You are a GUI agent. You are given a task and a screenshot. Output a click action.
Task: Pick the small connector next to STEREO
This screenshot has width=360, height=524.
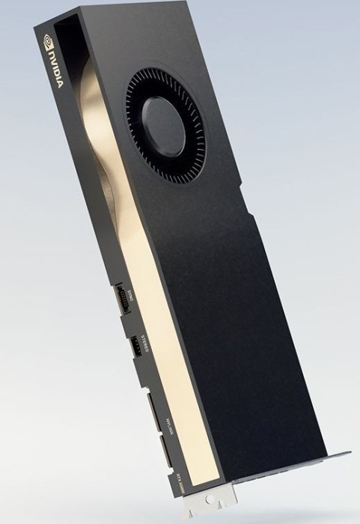pos(140,347)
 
